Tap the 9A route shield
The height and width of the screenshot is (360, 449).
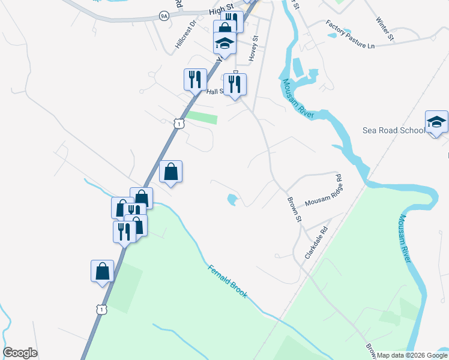coord(164,16)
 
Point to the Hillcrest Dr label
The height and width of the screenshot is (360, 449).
coord(185,35)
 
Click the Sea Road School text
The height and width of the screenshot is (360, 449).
coord(393,130)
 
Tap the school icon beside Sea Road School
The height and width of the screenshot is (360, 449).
coord(436,122)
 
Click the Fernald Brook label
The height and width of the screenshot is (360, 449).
coord(228,282)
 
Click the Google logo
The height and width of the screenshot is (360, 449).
coord(20,353)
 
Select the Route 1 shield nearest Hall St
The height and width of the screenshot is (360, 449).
coord(178,124)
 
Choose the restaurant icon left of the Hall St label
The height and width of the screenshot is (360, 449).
coord(195,79)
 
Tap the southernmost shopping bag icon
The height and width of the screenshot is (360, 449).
coord(102,271)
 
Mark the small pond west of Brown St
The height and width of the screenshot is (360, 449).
coord(232,199)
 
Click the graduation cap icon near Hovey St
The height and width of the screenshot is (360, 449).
coord(224,43)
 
